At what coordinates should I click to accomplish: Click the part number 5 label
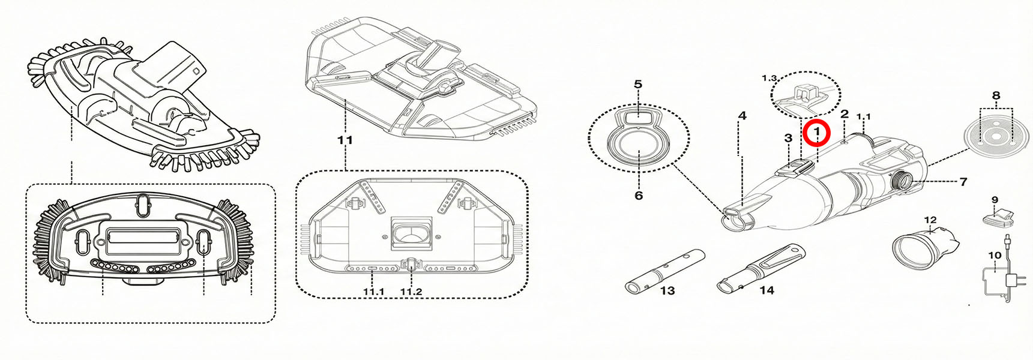point(638,85)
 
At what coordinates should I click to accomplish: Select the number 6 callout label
point(639,196)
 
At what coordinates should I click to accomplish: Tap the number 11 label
point(345,140)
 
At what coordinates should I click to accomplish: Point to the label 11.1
point(373,292)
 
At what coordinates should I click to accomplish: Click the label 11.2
point(411,292)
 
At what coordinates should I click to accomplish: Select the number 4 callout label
point(742,116)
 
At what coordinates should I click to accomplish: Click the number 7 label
point(963,181)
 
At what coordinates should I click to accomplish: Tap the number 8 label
point(996,95)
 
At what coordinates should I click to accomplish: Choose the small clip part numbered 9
point(998,217)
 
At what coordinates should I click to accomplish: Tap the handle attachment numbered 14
point(761,268)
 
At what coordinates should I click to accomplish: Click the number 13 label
point(667,291)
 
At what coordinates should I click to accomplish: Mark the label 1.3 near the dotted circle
point(769,78)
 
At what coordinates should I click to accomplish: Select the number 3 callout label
point(789,138)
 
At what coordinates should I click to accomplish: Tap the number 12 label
point(930,220)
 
